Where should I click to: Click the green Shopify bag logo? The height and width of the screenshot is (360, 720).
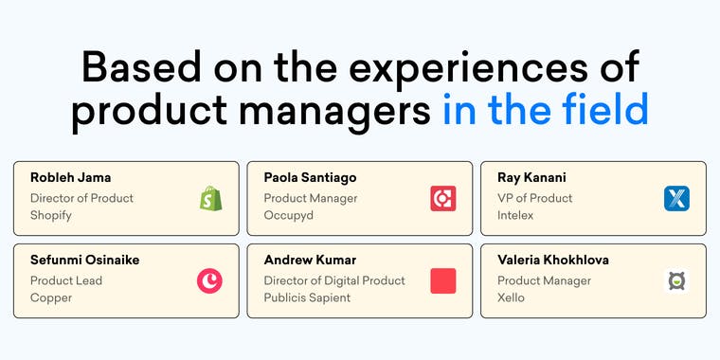tap(210, 198)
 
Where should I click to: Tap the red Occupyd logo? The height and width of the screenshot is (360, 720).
tap(443, 198)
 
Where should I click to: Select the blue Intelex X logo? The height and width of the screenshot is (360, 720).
tap(676, 198)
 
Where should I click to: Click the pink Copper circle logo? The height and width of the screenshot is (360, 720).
tap(210, 280)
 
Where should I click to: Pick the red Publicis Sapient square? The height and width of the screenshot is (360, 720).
tap(443, 280)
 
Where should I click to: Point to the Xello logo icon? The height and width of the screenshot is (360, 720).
tap(676, 280)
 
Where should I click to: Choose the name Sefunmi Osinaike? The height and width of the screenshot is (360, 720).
tap(85, 260)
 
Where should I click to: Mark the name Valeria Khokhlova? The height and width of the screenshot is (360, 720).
tap(553, 260)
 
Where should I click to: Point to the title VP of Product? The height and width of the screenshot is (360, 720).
tap(535, 198)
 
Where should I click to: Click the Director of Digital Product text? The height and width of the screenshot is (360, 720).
tap(334, 280)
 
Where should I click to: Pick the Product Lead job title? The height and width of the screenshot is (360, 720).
tap(66, 280)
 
